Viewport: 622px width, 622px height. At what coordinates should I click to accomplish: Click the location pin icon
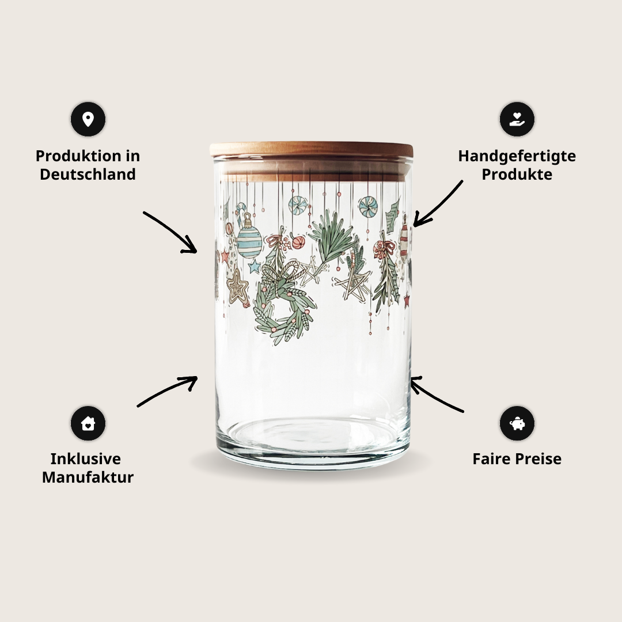point(88,119)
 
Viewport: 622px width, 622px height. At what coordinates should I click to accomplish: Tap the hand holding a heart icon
point(517,119)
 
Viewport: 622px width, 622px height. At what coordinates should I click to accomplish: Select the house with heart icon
point(88,423)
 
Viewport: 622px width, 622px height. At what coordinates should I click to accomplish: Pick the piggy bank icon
point(517,423)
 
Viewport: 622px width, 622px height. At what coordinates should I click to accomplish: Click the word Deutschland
point(88,174)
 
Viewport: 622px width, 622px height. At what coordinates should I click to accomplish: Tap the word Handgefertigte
point(517,156)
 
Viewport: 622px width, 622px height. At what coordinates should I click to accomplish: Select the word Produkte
point(517,174)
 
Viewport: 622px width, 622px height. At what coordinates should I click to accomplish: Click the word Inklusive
point(86,459)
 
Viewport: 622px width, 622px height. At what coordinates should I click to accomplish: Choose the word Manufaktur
point(88,477)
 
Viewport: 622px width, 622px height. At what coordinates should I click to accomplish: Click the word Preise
point(541,459)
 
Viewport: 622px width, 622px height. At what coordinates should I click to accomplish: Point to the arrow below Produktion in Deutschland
point(172,232)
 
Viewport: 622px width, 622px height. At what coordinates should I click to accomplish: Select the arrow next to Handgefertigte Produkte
point(438,203)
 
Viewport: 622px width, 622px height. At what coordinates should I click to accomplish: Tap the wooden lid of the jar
point(311,150)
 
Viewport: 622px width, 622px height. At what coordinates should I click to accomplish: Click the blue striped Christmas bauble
point(249,241)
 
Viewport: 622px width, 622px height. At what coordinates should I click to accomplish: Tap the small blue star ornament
point(254,266)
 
